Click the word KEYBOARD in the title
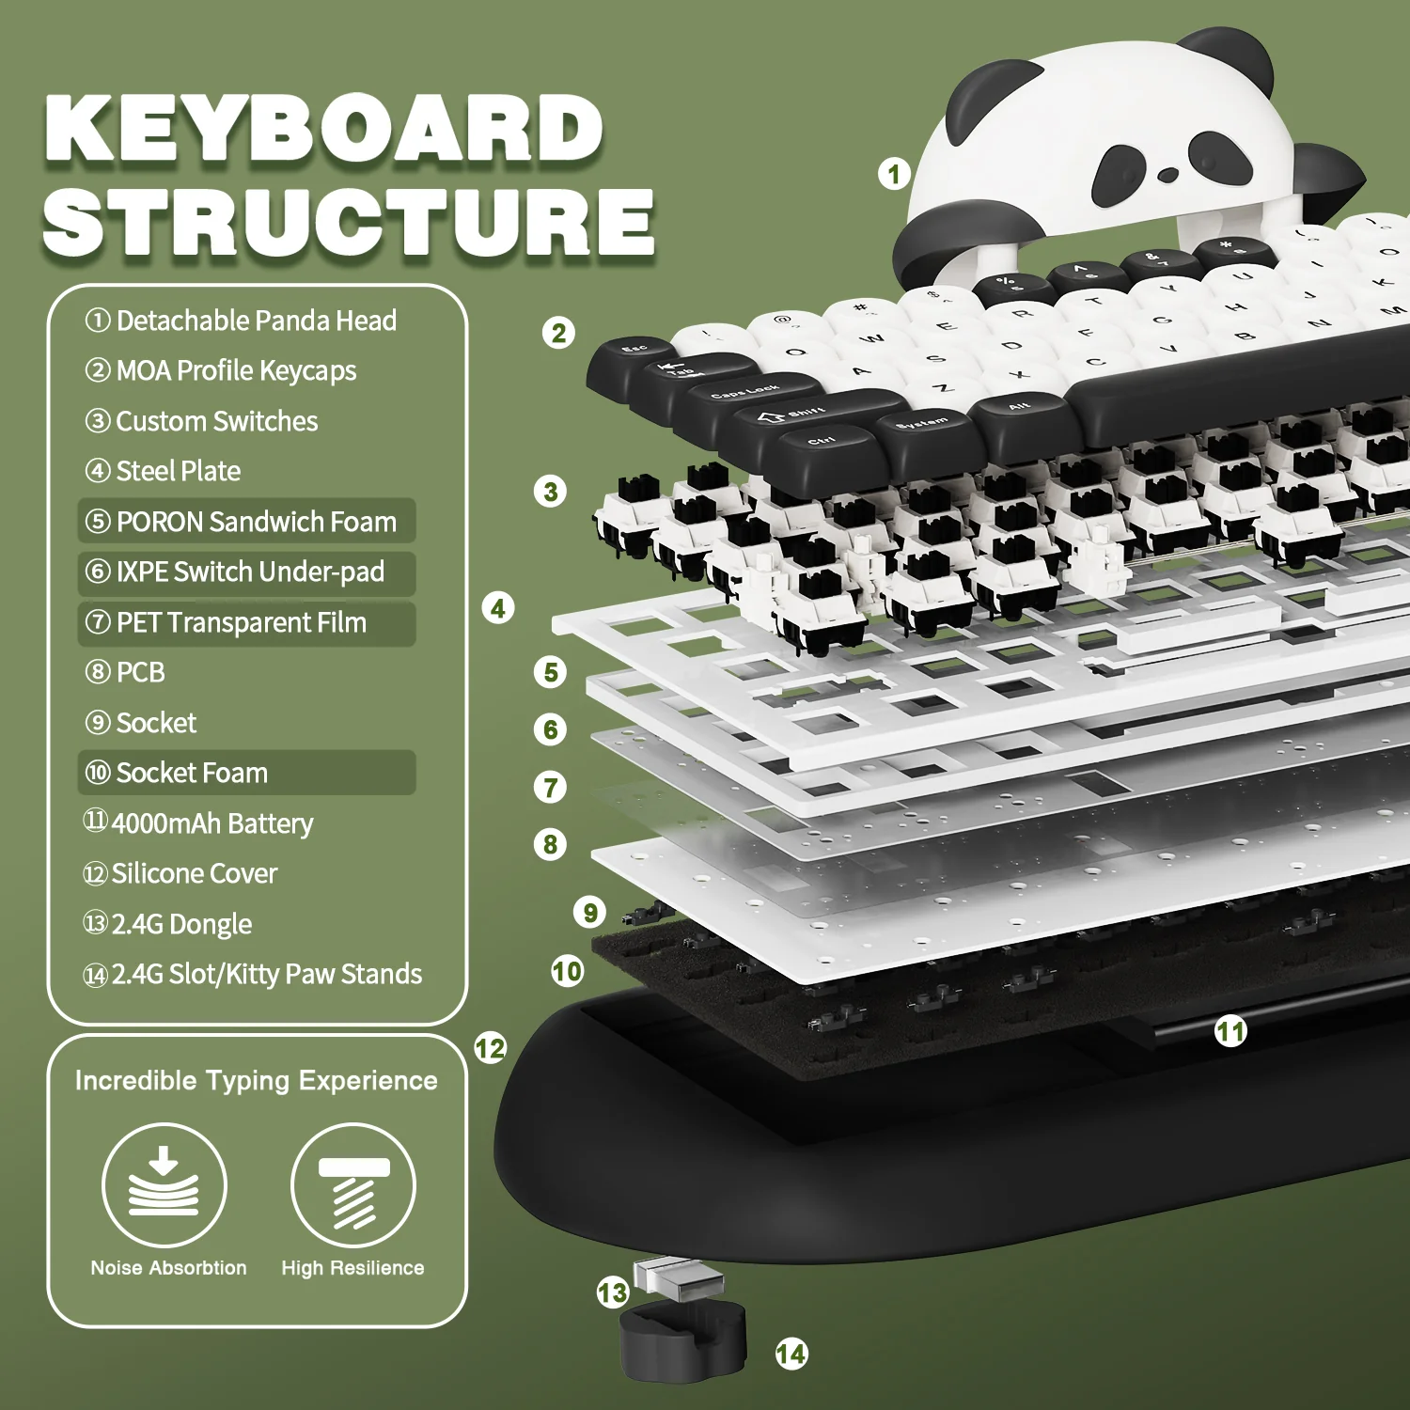point(324,129)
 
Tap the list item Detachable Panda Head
point(242,321)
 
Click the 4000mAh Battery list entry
point(199,823)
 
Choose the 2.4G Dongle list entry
point(169,924)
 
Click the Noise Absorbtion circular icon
point(164,1185)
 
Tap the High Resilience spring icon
point(353,1185)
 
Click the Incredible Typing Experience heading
point(256,1080)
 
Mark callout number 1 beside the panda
point(894,174)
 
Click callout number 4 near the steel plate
point(498,608)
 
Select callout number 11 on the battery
point(1230,1031)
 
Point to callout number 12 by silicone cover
point(490,1048)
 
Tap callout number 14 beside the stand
point(791,1354)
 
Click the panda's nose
point(1167,175)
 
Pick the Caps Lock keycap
point(747,393)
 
